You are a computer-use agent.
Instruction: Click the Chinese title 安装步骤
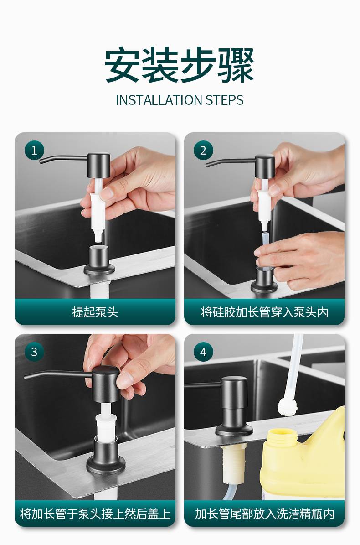click(x=180, y=65)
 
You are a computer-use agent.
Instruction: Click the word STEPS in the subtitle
click(x=225, y=100)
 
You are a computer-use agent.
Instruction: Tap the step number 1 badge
click(x=34, y=151)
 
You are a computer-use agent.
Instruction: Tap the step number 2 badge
click(x=203, y=151)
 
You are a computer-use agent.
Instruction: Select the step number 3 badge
click(x=34, y=352)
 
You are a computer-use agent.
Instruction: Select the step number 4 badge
click(x=203, y=352)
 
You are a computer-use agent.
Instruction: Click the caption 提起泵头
click(x=95, y=312)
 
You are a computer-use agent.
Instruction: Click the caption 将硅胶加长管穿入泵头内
click(x=264, y=312)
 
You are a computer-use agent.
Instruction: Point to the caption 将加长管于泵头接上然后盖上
click(x=95, y=514)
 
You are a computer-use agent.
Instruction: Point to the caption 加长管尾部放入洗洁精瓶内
click(x=264, y=514)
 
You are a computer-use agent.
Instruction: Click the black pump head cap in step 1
click(x=99, y=166)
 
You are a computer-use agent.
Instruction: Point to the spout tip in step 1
click(x=41, y=161)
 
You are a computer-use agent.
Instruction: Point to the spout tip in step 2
click(x=207, y=165)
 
